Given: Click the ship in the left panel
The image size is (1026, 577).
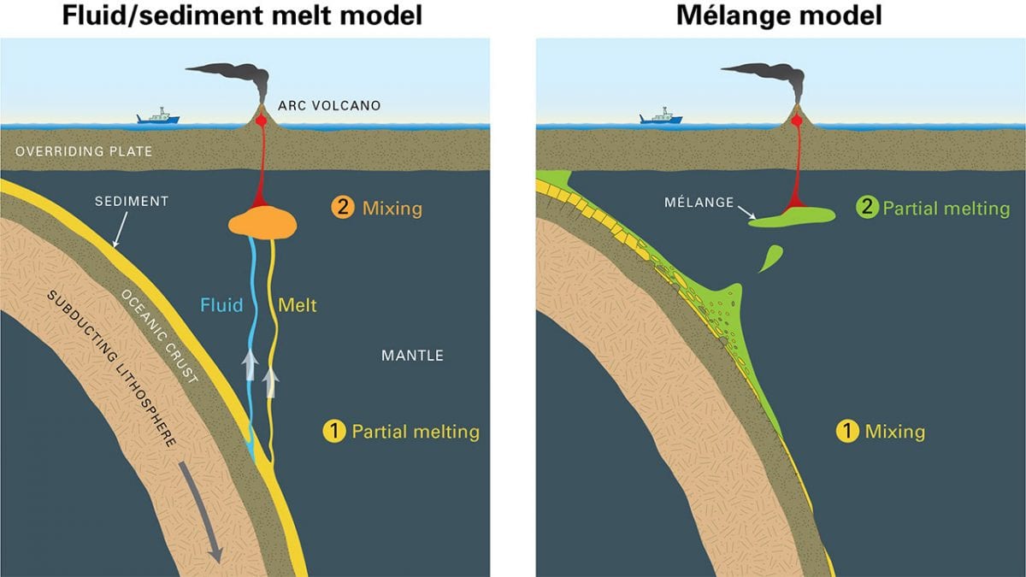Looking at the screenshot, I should click(x=158, y=116).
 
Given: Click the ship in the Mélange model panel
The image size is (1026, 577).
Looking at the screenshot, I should click(x=661, y=116).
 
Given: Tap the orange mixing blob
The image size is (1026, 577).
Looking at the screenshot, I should click(x=262, y=223).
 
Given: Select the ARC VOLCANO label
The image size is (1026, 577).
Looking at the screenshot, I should click(x=329, y=106).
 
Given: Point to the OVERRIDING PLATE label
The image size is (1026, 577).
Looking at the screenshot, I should click(x=84, y=151).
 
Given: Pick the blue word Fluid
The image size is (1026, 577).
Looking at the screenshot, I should click(x=221, y=304).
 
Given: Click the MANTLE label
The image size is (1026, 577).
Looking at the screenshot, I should click(x=412, y=355).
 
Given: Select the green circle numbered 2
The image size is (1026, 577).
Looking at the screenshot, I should click(x=867, y=208).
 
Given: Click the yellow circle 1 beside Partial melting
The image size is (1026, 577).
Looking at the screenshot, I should click(x=333, y=432).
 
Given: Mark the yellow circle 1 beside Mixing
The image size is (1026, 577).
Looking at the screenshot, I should click(x=846, y=432).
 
